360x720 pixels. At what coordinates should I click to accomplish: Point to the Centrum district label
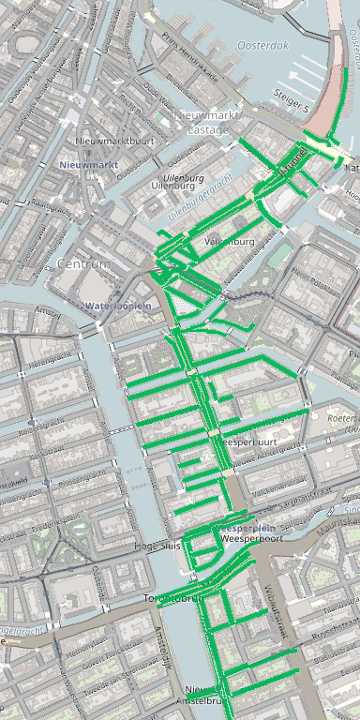[83, 264]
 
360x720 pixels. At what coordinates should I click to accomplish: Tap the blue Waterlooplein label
[118, 306]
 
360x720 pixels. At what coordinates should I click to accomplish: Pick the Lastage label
[207, 129]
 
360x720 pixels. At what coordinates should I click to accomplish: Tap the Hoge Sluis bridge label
[157, 545]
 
